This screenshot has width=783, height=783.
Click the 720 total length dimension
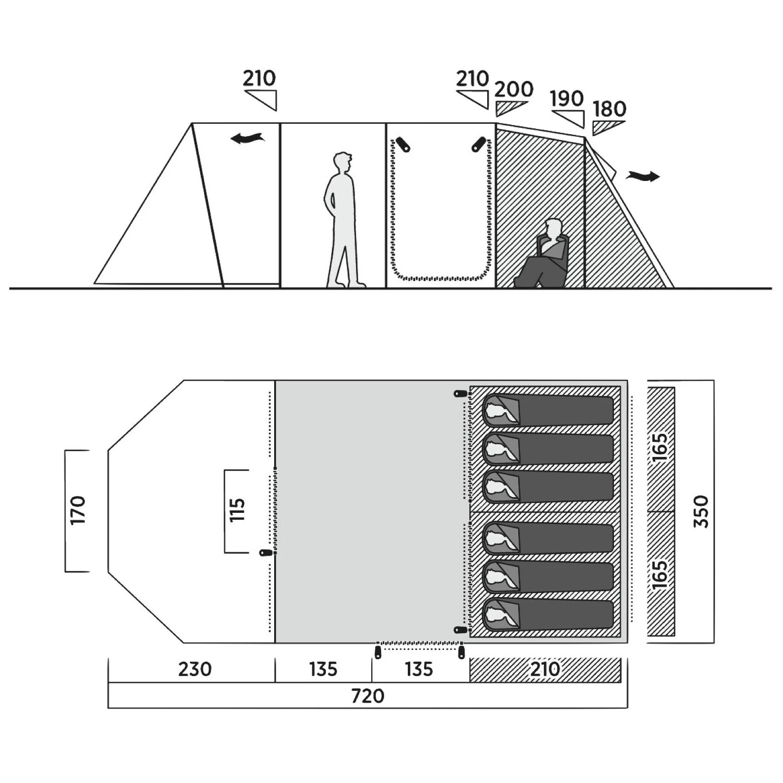pyautogui.click(x=367, y=696)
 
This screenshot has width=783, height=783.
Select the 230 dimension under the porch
pyautogui.click(x=195, y=669)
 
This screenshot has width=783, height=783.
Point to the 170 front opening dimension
pyautogui.click(x=78, y=511)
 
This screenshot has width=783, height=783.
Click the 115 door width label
pyautogui.click(x=237, y=510)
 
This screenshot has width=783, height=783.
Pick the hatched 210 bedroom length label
pyautogui.click(x=545, y=669)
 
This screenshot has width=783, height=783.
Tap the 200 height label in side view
pyautogui.click(x=514, y=89)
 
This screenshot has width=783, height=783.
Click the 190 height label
pyautogui.click(x=567, y=99)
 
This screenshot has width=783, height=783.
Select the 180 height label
pyautogui.click(x=609, y=109)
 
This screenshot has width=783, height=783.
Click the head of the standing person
pyautogui.click(x=343, y=163)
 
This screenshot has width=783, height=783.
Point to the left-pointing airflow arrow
pyautogui.click(x=248, y=138)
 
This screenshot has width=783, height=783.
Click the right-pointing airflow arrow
pyautogui.click(x=643, y=176)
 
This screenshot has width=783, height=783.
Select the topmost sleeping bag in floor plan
pyautogui.click(x=548, y=409)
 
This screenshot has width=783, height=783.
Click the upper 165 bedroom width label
pyautogui.click(x=660, y=447)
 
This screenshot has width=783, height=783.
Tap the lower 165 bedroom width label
pyautogui.click(x=660, y=574)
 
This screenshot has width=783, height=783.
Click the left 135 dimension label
pyautogui.click(x=323, y=669)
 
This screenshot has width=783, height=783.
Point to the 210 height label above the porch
pyautogui.click(x=259, y=78)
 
